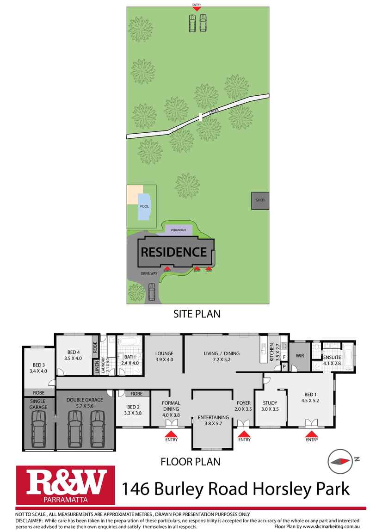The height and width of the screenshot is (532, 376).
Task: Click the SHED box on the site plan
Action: click(260, 200)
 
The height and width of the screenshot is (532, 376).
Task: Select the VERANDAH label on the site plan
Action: click(178, 230)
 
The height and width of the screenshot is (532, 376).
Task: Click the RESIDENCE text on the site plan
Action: click(173, 252)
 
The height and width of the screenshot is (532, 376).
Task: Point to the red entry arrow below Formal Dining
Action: click(171, 433)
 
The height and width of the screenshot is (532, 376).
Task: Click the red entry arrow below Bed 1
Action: click(312, 433)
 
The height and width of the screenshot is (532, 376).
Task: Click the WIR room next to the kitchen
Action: click(300, 356)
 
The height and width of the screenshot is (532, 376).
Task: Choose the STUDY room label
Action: click(270, 405)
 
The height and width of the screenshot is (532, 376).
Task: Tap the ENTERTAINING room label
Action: click(213, 421)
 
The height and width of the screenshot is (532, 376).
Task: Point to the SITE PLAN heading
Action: click(197, 314)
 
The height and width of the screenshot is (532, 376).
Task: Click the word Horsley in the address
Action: click(276, 489)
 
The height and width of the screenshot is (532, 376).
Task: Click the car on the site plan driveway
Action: click(152, 292)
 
